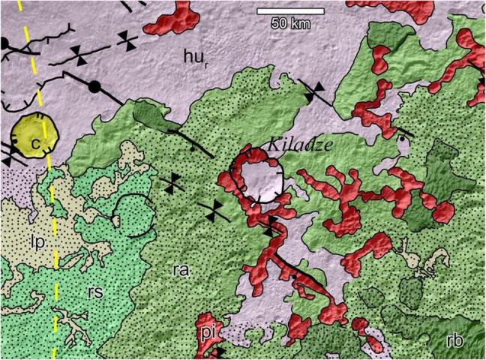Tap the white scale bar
point(289,11)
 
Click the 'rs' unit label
point(92,292)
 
